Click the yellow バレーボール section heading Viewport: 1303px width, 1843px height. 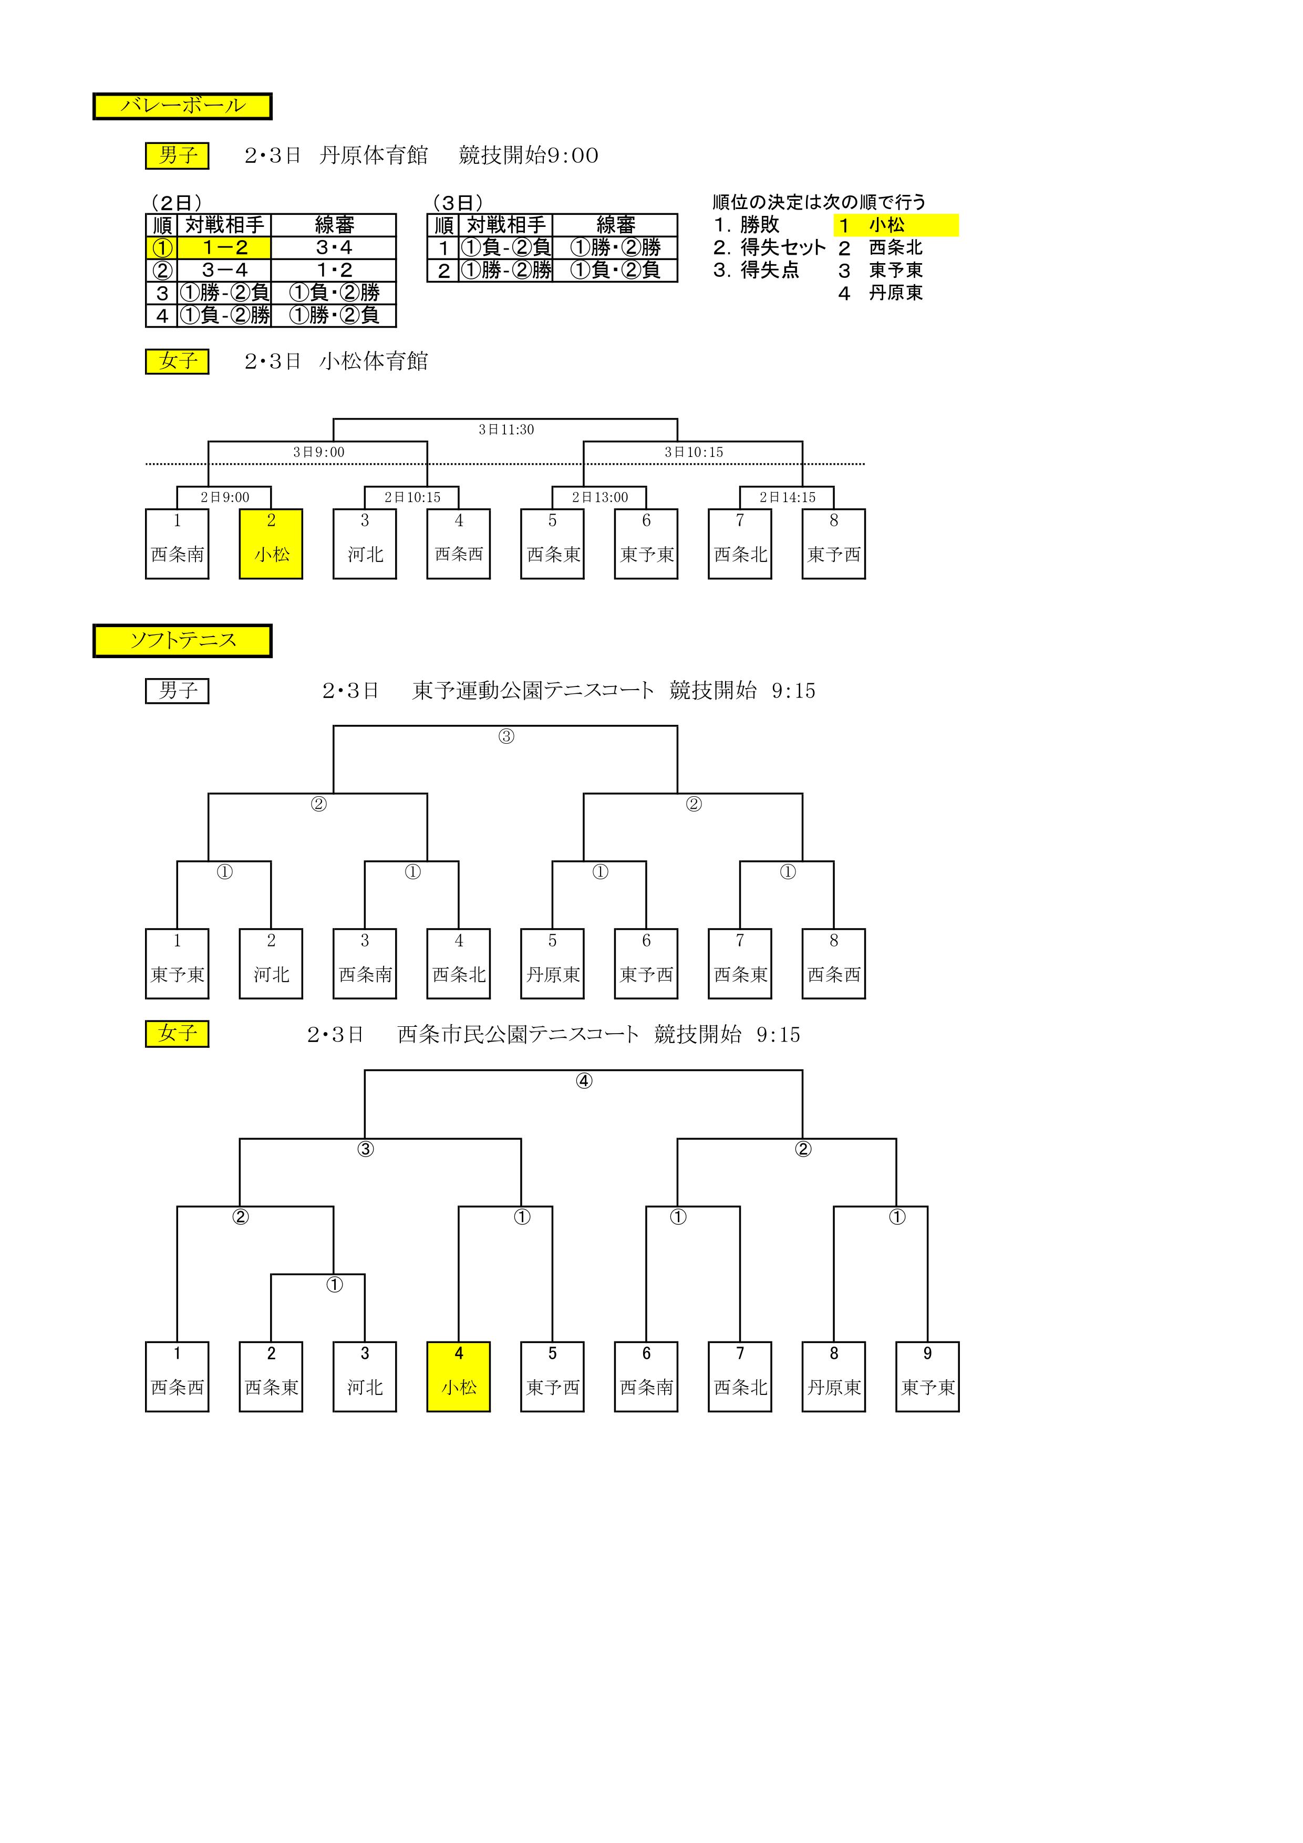click(x=182, y=106)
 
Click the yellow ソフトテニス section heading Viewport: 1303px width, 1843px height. click(x=182, y=641)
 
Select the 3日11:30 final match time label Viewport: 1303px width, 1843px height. click(x=506, y=430)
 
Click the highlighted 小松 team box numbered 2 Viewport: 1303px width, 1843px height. click(x=271, y=544)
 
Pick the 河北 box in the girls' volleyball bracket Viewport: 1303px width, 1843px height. click(x=365, y=544)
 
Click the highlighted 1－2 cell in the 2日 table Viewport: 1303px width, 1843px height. click(x=225, y=247)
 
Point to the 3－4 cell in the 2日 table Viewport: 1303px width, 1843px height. click(x=225, y=270)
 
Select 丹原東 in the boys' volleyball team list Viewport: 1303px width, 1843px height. click(x=896, y=293)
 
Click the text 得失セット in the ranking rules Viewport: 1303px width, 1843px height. click(x=783, y=247)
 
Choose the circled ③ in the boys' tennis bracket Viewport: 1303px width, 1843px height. click(x=506, y=736)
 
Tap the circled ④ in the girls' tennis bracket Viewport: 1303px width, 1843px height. click(x=584, y=1080)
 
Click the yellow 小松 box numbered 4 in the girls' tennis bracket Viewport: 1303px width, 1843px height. click(x=459, y=1377)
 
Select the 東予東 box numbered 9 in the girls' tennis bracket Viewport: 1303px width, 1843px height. click(x=927, y=1377)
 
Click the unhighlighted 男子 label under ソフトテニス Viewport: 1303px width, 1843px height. click(x=178, y=691)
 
